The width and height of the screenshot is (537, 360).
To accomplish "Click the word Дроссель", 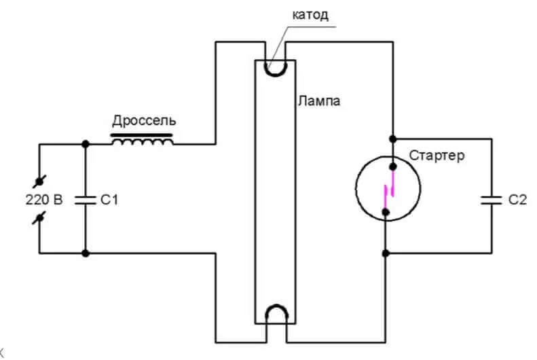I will click(x=143, y=122).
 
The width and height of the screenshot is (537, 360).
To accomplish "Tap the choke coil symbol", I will click(x=142, y=141).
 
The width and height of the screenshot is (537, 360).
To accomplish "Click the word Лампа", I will click(x=318, y=102).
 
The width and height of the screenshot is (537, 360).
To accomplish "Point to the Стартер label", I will click(x=437, y=156).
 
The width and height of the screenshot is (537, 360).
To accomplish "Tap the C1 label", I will click(x=110, y=200).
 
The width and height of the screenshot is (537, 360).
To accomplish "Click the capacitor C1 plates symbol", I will click(x=86, y=199).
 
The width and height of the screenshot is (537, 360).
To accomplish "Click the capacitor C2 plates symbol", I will click(x=489, y=199).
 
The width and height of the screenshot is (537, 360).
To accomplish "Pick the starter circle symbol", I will click(x=386, y=190).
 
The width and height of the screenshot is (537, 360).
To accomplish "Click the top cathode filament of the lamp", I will click(x=276, y=68).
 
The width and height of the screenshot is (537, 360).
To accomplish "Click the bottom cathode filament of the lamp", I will click(x=276, y=314).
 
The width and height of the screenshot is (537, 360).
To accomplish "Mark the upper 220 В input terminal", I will click(x=39, y=181).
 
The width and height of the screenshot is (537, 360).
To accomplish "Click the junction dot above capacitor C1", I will click(x=86, y=144).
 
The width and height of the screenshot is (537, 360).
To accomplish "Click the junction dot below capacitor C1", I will click(x=86, y=253).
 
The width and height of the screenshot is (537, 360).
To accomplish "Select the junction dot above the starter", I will click(x=392, y=139).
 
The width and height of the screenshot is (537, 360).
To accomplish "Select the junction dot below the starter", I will click(x=386, y=253).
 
